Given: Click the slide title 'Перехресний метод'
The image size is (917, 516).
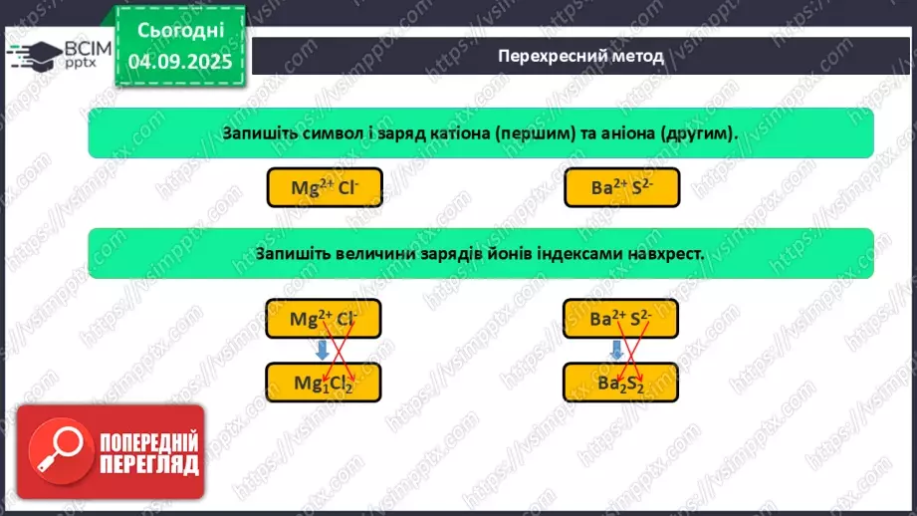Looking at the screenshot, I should coord(579,56).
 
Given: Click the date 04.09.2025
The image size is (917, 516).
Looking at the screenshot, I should coord(178,62).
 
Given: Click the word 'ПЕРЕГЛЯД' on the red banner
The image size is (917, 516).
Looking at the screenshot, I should coord(149,465).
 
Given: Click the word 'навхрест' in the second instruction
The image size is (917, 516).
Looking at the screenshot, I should coord(665,253).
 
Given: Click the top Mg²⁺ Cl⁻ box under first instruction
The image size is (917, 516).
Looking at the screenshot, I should coord(325,187).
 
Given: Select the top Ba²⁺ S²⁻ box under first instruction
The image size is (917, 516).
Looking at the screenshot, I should coord(621,187).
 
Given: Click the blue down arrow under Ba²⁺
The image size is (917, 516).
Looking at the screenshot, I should coord(617,350).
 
